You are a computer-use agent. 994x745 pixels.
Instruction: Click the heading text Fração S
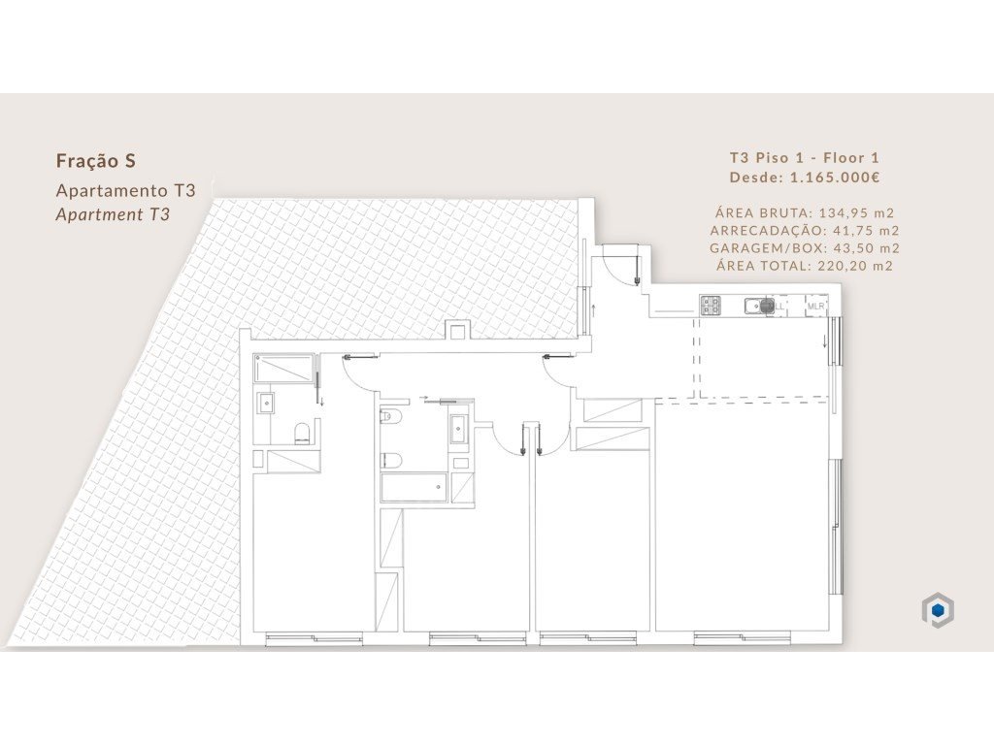pyautogui.click(x=96, y=161)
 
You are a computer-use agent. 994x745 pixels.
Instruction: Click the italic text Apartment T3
pyautogui.click(x=113, y=214)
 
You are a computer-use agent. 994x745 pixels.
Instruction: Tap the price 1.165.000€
pyautogui.click(x=835, y=178)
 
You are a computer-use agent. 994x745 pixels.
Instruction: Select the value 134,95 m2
pyautogui.click(x=856, y=212)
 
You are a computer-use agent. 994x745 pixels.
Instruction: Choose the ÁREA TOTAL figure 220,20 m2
pyautogui.click(x=856, y=266)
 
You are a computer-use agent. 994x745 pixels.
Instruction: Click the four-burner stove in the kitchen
pyautogui.click(x=711, y=306)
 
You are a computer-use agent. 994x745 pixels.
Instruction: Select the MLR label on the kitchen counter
pyautogui.click(x=815, y=307)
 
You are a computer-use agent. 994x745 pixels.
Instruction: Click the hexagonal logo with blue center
pyautogui.click(x=939, y=610)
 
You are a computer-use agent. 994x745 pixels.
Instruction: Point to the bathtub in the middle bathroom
pyautogui.click(x=414, y=487)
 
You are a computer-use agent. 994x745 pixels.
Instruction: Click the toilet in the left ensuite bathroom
pyautogui.click(x=303, y=434)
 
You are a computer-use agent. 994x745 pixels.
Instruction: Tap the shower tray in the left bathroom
pyautogui.click(x=284, y=369)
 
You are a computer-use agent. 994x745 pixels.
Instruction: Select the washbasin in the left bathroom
pyautogui.click(x=266, y=402)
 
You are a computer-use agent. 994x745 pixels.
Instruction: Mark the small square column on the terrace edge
pyautogui.click(x=457, y=330)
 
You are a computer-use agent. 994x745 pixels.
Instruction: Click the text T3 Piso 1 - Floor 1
pyautogui.click(x=805, y=158)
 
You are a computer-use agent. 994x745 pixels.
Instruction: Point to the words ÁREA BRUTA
pyautogui.click(x=764, y=212)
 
